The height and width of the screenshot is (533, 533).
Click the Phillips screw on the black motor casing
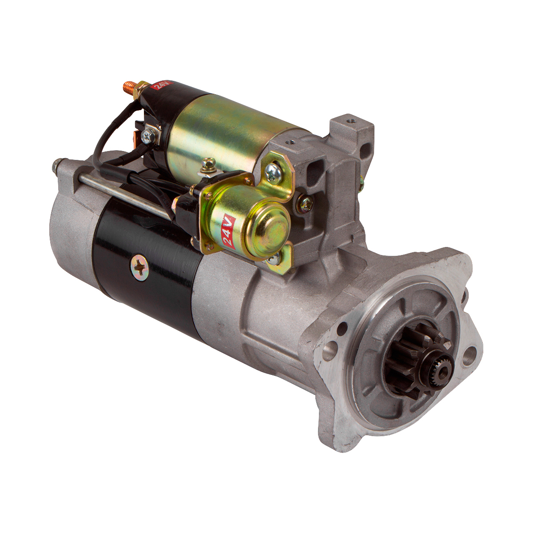139,264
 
